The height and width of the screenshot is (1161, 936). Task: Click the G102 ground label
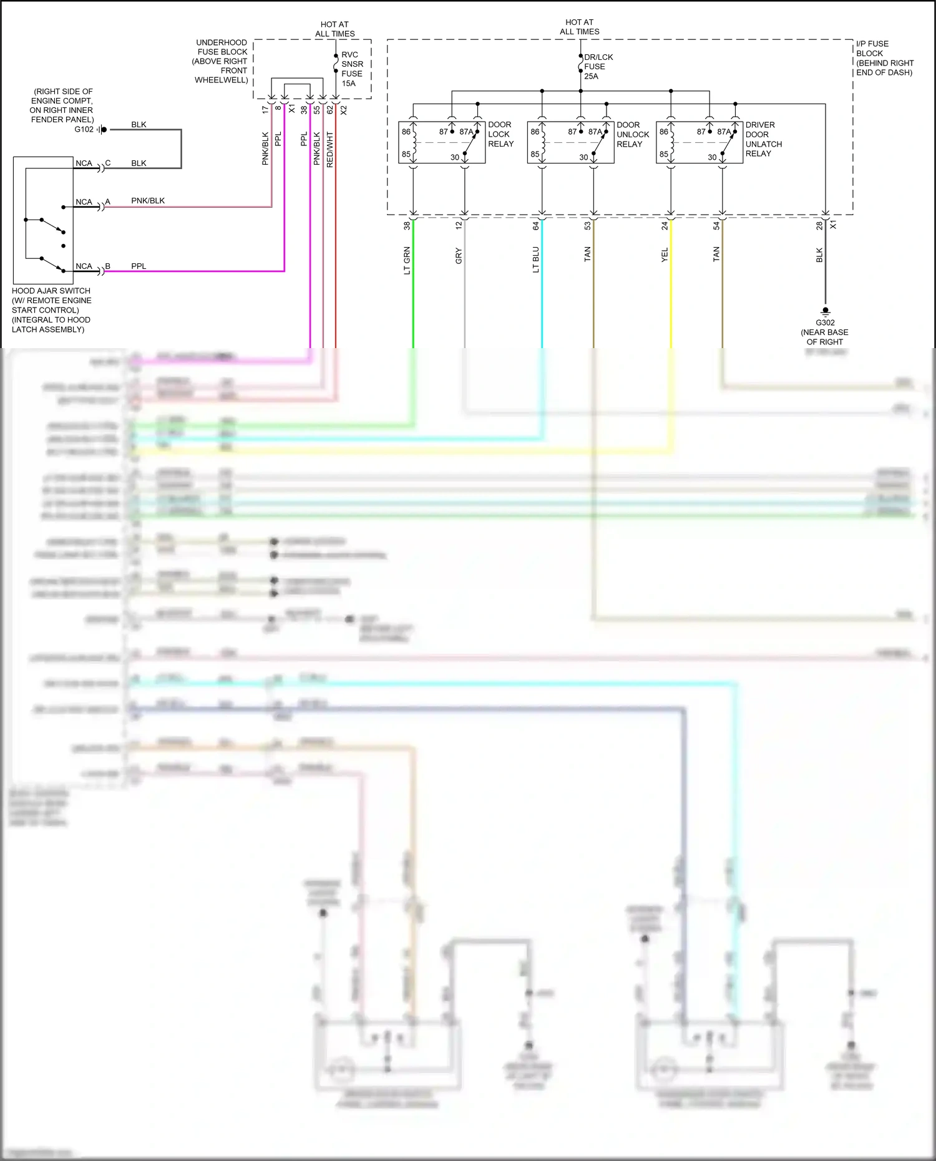[x=84, y=130]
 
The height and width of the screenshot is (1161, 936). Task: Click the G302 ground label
[x=825, y=323]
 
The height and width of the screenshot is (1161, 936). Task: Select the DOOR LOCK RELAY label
[x=500, y=134]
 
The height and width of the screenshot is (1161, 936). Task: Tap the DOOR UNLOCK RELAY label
[x=633, y=134]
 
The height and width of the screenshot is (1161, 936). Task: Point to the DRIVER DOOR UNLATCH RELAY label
[x=763, y=139]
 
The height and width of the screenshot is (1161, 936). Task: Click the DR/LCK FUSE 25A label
[x=598, y=67]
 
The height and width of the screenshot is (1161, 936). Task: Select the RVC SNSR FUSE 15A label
[x=351, y=69]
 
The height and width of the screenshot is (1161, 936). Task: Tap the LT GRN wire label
[x=407, y=261]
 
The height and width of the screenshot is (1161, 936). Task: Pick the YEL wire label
[x=665, y=255]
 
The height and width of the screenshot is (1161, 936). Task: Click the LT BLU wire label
[x=535, y=260]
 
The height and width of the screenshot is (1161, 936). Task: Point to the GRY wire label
[x=459, y=256]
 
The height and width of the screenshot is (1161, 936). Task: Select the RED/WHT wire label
[x=330, y=150]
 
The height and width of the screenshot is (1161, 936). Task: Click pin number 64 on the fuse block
[x=535, y=226]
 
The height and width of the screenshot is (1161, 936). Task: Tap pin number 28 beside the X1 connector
[x=819, y=226]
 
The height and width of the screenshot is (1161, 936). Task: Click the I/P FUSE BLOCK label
[x=884, y=58]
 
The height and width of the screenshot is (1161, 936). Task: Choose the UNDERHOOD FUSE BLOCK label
[x=222, y=61]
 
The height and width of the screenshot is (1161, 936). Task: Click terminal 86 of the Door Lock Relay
[x=406, y=132]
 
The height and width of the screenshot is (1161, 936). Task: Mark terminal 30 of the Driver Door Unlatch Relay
[x=712, y=157]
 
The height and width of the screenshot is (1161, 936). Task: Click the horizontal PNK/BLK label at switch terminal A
[x=148, y=201]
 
